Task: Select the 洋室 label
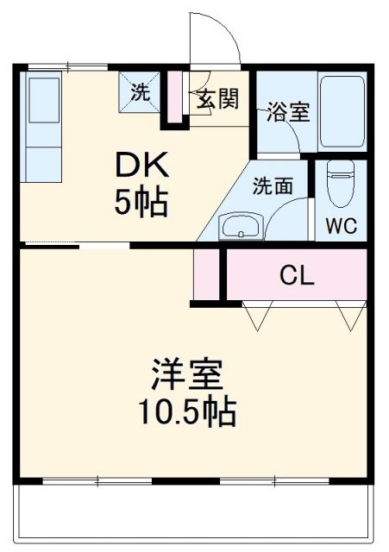tap(187, 375)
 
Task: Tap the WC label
tap(342, 227)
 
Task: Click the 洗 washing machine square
tap(139, 91)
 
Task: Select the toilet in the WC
tap(341, 183)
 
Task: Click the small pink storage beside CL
tap(206, 274)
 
